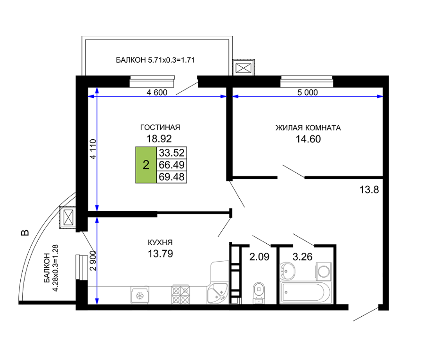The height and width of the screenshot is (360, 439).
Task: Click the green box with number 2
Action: [146, 165]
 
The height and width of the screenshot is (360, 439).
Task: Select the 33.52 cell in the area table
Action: [171, 153]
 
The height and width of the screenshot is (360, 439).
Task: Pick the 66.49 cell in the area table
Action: [171, 165]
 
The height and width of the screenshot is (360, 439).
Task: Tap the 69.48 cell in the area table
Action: [171, 177]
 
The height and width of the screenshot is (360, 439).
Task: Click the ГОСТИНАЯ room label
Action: [160, 128]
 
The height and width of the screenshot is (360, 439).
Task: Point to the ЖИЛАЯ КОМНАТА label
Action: [308, 128]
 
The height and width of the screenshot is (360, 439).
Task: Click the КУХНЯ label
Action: [160, 242]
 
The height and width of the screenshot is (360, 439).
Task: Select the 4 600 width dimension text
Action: [157, 92]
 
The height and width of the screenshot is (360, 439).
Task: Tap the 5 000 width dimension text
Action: [308, 92]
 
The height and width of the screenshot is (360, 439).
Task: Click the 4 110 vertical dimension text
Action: [93, 149]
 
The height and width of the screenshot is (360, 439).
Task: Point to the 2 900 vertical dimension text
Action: [93, 261]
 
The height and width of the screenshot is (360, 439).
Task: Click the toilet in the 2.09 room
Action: [259, 293]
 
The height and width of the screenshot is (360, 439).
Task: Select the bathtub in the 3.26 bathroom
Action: [305, 292]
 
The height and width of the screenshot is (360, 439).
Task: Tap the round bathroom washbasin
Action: [287, 271]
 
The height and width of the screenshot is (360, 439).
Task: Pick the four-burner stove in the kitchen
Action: [180, 295]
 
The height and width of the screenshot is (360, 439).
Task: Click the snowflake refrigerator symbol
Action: [140, 295]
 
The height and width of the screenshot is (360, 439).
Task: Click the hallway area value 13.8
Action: [369, 190]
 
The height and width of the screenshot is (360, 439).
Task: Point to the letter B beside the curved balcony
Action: [25, 232]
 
